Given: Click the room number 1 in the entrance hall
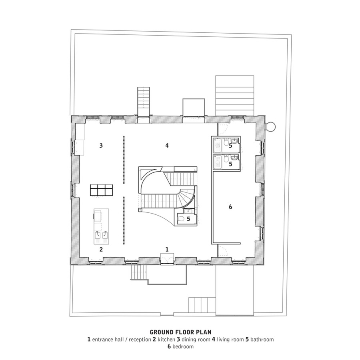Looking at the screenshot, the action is [167, 249].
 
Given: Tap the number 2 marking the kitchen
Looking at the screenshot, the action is [101, 249].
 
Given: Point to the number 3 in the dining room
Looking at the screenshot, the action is [101, 145].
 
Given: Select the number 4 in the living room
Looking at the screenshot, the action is [167, 145].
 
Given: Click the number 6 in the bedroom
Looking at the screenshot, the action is [230, 207].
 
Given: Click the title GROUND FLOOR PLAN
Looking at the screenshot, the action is [180, 332].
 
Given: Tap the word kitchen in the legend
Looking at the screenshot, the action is [166, 339].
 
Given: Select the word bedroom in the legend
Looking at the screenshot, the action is [183, 346].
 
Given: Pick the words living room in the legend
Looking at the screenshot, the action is [230, 339].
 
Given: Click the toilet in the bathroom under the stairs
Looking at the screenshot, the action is [181, 219].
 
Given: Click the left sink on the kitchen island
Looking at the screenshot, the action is [98, 235].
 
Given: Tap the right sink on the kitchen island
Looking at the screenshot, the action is [105, 235].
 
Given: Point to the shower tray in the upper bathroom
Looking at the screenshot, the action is [217, 145].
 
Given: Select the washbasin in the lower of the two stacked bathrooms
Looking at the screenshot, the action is [234, 158].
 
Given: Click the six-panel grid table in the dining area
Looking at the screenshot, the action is [101, 190].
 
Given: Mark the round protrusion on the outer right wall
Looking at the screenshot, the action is [271, 127].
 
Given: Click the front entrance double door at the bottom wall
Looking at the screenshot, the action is [167, 258].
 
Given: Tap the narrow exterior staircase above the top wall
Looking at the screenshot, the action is [144, 101].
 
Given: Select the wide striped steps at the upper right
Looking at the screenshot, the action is [235, 96].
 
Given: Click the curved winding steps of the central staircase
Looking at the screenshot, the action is [186, 196].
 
